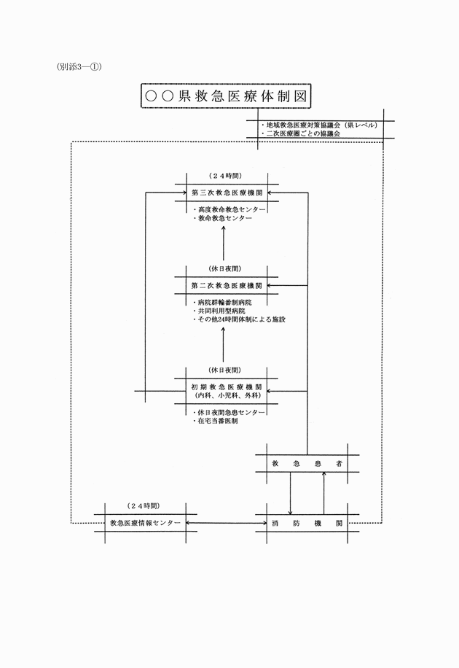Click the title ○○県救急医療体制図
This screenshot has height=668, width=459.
point(226,96)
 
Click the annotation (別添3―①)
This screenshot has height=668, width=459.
point(79,67)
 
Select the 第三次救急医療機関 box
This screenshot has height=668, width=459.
point(227,193)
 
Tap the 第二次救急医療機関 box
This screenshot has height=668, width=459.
point(227,285)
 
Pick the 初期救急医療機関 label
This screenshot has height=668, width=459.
point(227,387)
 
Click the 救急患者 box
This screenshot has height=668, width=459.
point(307,464)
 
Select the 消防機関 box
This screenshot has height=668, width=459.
point(307,523)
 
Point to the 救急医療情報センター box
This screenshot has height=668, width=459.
point(145,523)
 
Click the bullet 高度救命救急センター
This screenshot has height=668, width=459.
point(229,209)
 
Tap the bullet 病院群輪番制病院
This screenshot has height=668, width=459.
point(221,303)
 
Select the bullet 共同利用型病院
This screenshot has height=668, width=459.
point(219,311)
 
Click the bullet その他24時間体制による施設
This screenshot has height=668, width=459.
point(239,319)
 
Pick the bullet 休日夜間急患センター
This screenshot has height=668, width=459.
point(229,412)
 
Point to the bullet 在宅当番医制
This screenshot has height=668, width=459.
point(215,421)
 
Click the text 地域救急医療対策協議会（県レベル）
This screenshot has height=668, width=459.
point(319,125)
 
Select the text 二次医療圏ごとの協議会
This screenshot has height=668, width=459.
point(301,133)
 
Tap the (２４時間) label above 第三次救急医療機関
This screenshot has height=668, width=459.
point(226,176)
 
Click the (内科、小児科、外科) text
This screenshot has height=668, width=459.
point(227,395)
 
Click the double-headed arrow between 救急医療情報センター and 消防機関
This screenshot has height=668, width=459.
point(227,523)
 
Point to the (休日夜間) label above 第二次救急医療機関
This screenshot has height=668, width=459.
point(225,269)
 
